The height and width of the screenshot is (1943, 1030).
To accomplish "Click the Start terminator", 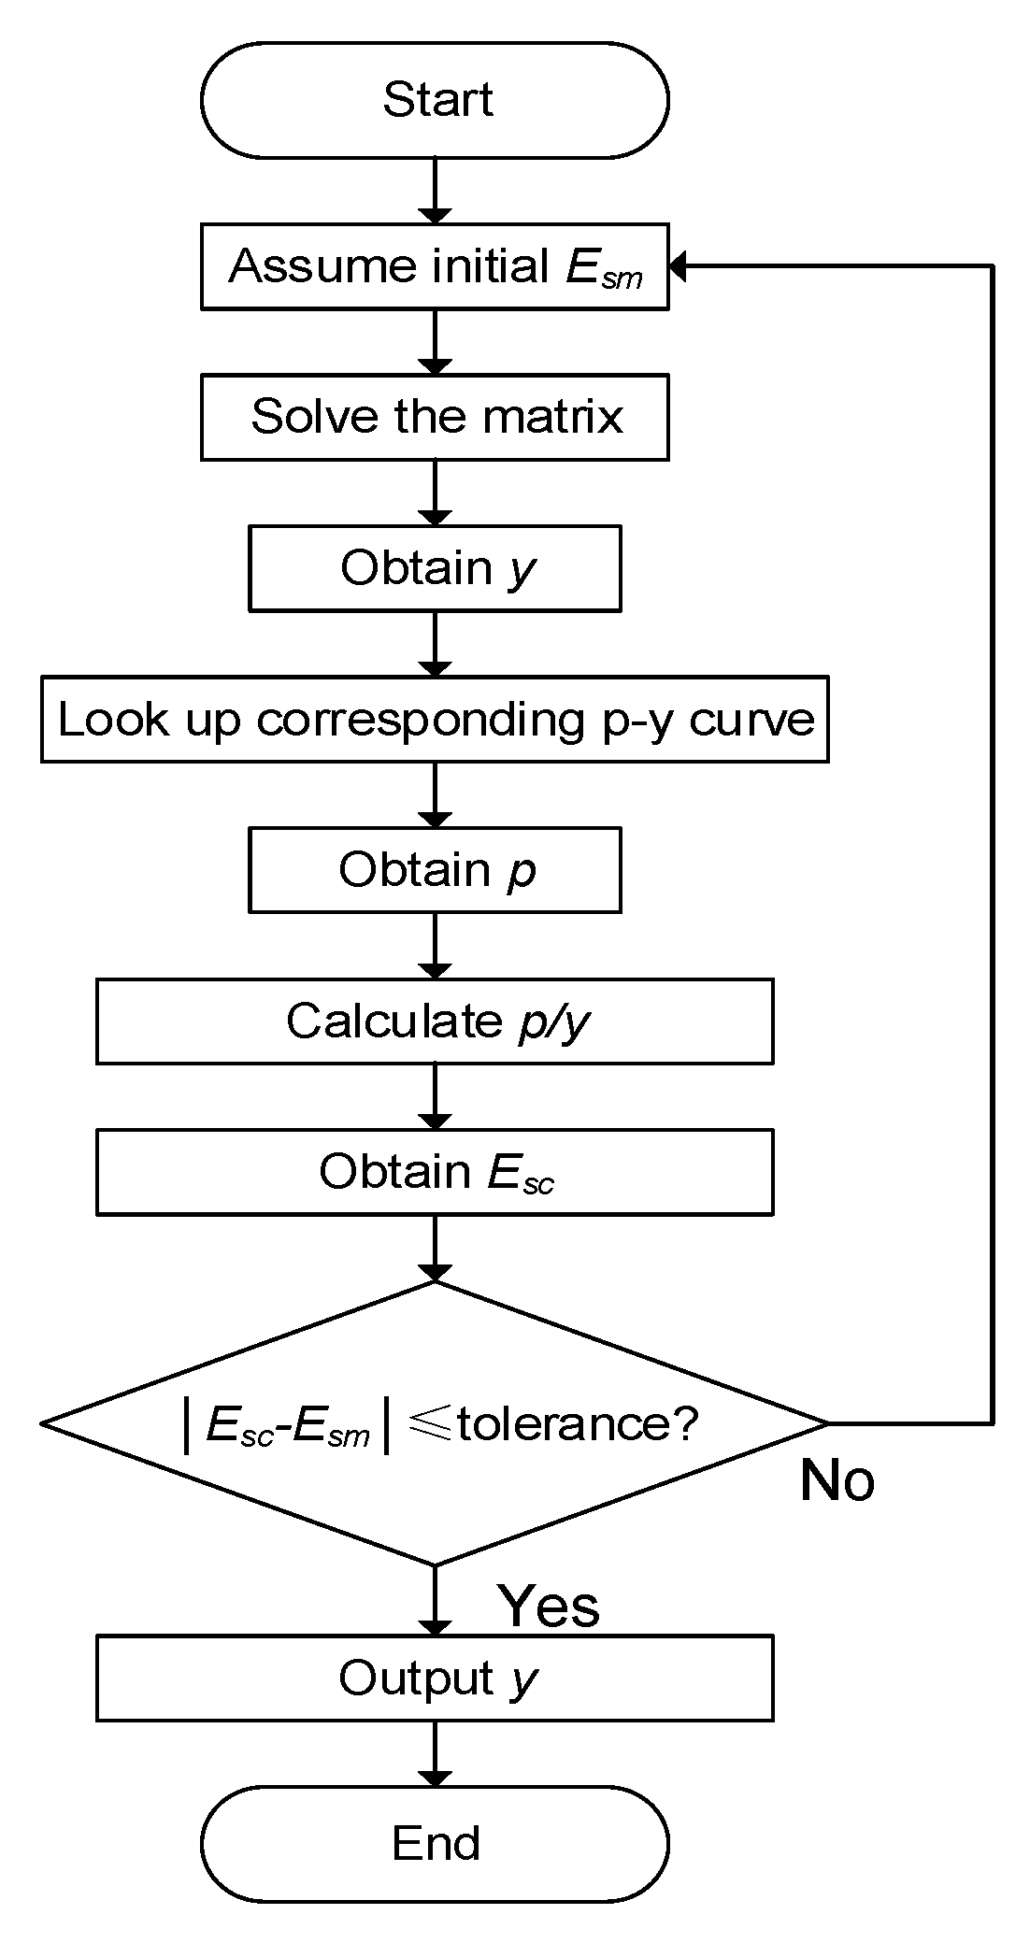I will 435,100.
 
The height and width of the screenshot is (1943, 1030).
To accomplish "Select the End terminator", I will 435,1842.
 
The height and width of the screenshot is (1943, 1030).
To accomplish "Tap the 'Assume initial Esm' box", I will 435,266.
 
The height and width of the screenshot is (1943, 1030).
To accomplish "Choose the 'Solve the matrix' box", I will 435,417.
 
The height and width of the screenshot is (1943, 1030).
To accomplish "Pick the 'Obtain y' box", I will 435,568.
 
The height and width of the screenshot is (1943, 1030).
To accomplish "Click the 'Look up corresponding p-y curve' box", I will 435,719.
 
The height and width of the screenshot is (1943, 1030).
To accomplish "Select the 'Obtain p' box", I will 435,870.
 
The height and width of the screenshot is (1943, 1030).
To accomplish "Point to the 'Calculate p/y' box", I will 435,1021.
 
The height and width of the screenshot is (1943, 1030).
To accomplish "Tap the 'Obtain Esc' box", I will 435,1172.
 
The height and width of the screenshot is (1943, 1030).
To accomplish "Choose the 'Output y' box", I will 435,1678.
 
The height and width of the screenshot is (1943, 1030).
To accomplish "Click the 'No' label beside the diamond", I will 837,1480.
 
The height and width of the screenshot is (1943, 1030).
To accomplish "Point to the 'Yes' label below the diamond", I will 548,1606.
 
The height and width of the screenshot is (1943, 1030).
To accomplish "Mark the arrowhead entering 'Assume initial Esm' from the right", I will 679,266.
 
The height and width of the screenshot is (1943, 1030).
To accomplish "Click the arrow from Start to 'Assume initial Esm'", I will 435,191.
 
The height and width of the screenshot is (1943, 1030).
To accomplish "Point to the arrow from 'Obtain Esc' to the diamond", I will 435,1248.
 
